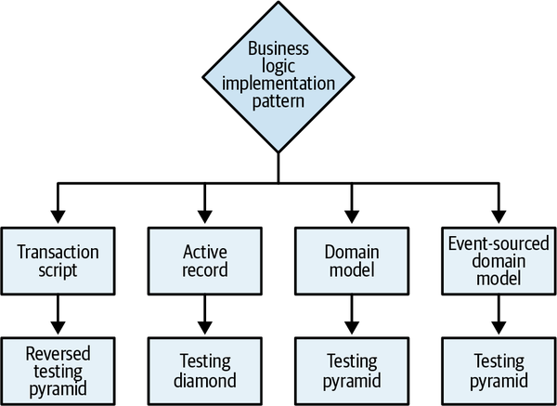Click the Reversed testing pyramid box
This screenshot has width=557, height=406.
click(x=58, y=368)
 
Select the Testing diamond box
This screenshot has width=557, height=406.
click(x=204, y=368)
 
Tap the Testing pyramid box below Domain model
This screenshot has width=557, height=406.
click(x=351, y=368)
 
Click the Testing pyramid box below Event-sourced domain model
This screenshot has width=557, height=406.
click(x=498, y=368)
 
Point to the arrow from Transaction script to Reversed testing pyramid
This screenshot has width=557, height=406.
click(x=58, y=313)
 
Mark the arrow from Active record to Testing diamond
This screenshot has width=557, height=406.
click(x=204, y=313)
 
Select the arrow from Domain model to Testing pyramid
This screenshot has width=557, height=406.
click(x=351, y=313)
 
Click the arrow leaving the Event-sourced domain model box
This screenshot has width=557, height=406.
click(x=498, y=313)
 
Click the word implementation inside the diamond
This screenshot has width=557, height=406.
click(x=278, y=81)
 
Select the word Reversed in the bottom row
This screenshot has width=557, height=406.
click(x=58, y=353)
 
